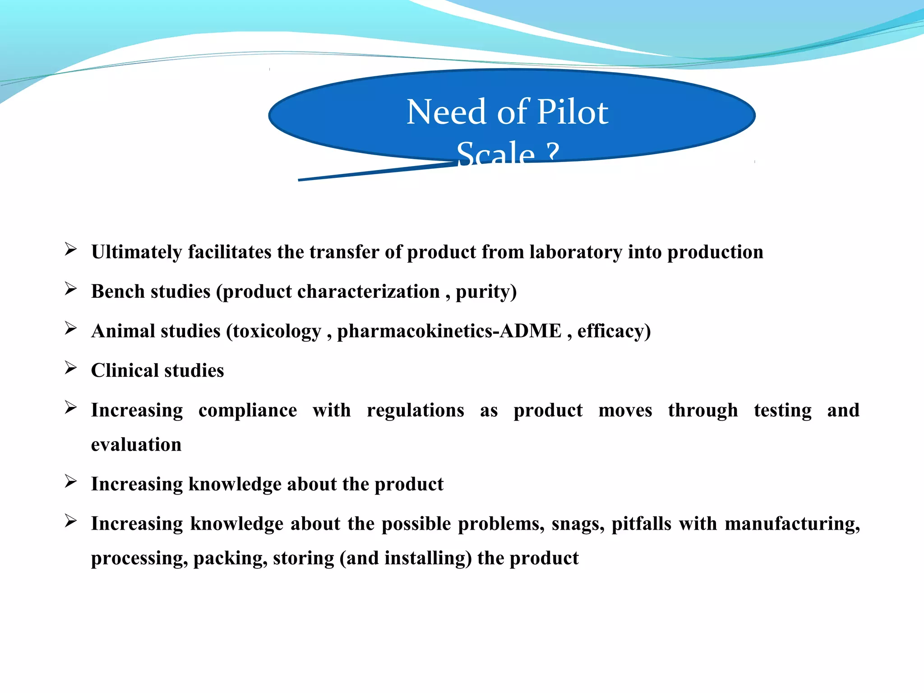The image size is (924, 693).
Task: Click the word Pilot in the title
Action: pyautogui.click(x=573, y=112)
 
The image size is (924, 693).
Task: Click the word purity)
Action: pyautogui.click(x=486, y=292)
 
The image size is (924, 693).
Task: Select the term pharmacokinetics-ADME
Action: pyautogui.click(x=449, y=331)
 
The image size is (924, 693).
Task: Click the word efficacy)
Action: pyautogui.click(x=614, y=331)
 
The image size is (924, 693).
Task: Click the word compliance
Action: pyautogui.click(x=248, y=411)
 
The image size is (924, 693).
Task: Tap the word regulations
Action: pyautogui.click(x=415, y=411)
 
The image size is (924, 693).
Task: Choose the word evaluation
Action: pyautogui.click(x=136, y=445)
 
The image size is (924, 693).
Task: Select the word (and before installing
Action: pyautogui.click(x=359, y=559)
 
